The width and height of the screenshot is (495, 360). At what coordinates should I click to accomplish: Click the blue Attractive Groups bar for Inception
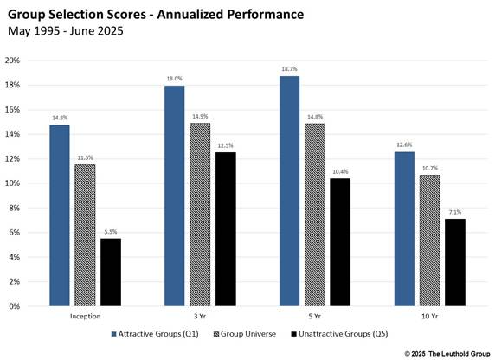pyautogui.click(x=59, y=215)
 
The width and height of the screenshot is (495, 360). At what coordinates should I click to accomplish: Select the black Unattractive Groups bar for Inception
pyautogui.click(x=110, y=273)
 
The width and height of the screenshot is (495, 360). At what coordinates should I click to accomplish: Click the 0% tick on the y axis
pyautogui.click(x=15, y=306)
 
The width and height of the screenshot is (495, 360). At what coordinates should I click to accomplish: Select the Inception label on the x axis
pyautogui.click(x=84, y=316)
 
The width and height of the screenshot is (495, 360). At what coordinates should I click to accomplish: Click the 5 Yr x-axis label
pyautogui.click(x=314, y=316)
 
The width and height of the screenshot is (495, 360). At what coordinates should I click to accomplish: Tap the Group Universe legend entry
pyautogui.click(x=252, y=332)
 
